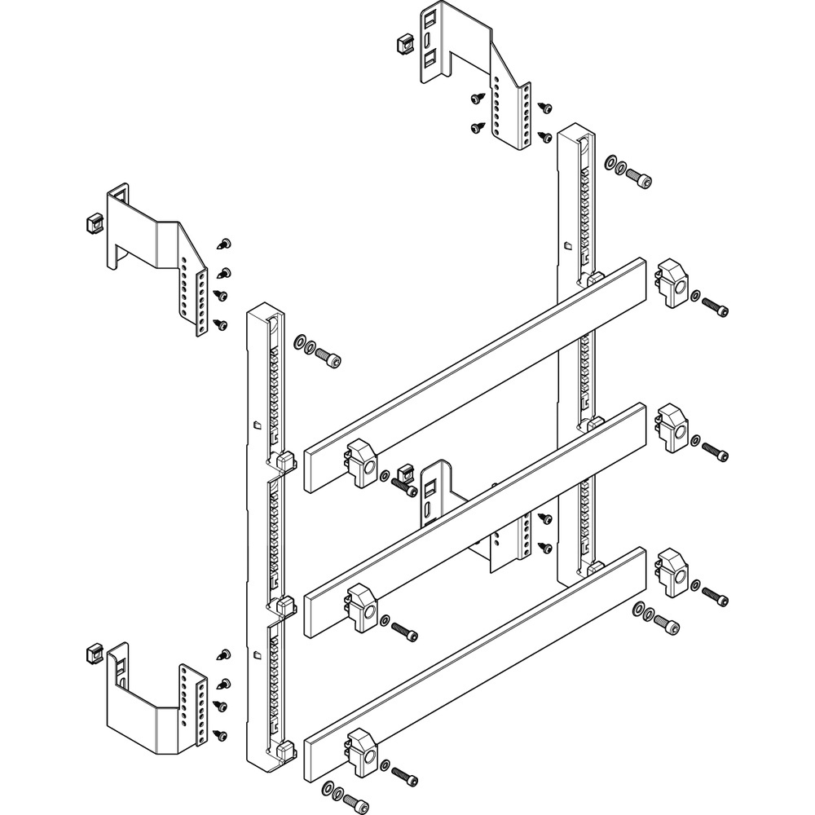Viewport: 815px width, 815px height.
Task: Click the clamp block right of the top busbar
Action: (x=673, y=283)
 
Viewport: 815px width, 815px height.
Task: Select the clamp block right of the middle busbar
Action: (x=673, y=428)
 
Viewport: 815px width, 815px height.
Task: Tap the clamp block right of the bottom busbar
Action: (x=673, y=572)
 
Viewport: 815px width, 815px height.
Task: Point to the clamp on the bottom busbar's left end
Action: (x=361, y=754)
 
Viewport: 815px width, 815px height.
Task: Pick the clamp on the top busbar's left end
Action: (x=361, y=465)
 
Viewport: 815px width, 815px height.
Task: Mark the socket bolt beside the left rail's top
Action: (x=329, y=357)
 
